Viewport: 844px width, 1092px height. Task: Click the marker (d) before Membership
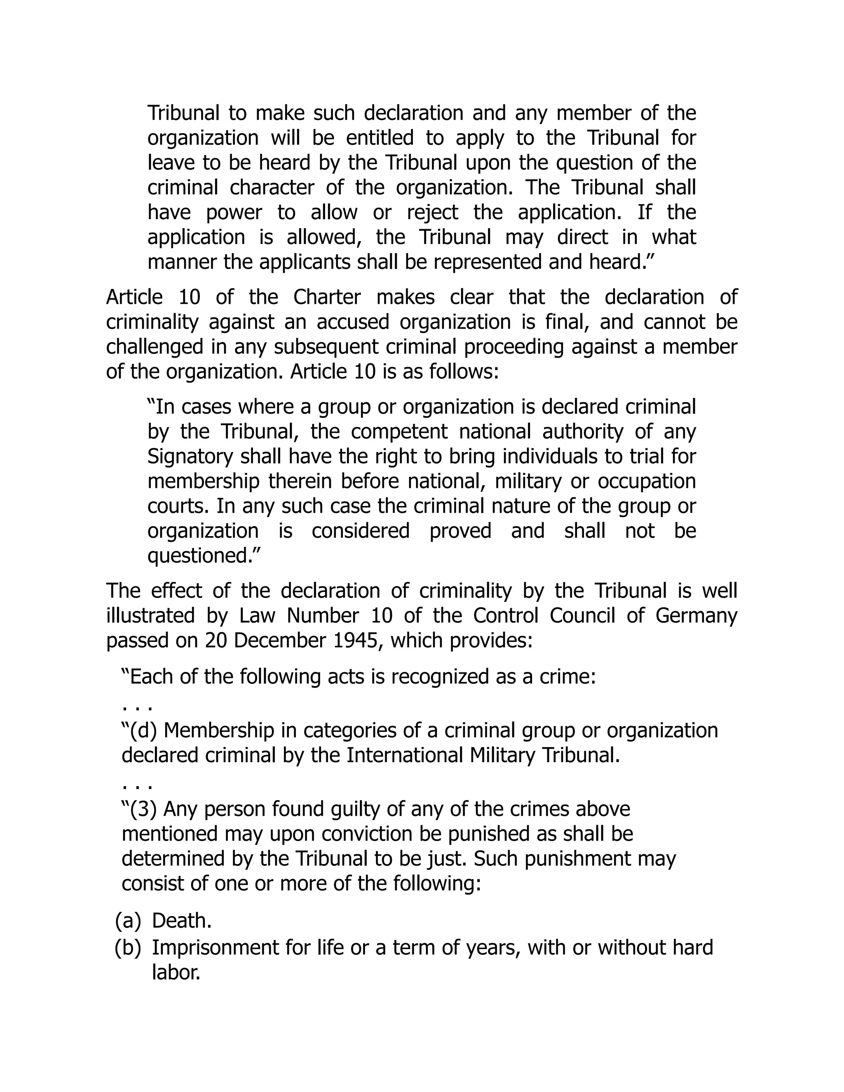click(x=144, y=731)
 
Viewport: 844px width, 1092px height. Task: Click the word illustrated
click(x=150, y=616)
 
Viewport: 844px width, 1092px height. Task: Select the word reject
click(x=432, y=213)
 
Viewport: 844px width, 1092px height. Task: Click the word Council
click(x=582, y=616)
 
